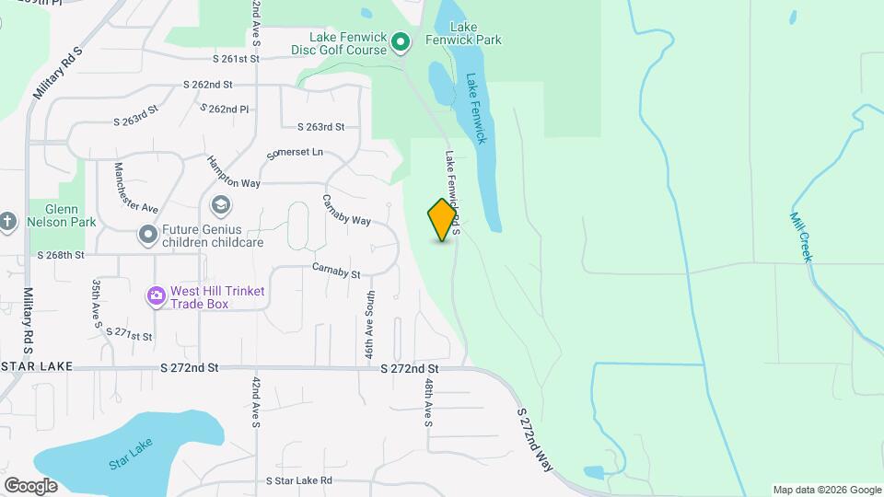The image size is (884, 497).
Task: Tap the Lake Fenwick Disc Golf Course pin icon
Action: click(x=401, y=41)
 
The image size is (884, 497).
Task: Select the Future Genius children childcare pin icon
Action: click(x=147, y=236)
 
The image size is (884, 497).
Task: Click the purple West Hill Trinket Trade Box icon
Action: click(x=156, y=296)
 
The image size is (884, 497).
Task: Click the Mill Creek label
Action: click(x=800, y=237)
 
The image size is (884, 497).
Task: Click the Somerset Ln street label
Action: click(x=295, y=153)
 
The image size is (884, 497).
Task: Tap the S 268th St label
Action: click(x=61, y=255)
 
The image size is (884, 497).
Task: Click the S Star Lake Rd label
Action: click(x=298, y=480)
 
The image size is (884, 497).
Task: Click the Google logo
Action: click(x=30, y=485)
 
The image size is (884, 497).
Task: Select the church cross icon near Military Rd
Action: click(x=8, y=221)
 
